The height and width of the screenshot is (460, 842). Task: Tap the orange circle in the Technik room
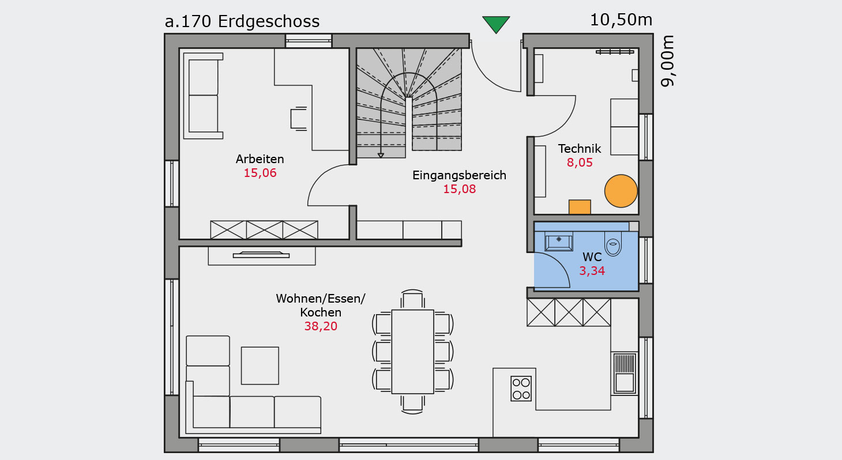click(x=621, y=191)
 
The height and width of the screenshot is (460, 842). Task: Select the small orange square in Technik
click(x=580, y=207)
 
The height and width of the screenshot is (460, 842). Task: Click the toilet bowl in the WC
click(x=613, y=243)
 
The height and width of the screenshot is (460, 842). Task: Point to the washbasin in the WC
click(x=559, y=242)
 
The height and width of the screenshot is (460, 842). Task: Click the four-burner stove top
click(x=521, y=389)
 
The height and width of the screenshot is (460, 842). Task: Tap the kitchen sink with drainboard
click(x=625, y=374)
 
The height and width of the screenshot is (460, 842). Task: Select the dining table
click(x=413, y=352)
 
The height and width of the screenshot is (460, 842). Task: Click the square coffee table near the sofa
click(x=260, y=365)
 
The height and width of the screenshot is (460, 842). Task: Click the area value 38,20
click(x=321, y=326)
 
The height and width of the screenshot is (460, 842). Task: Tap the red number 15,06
click(x=260, y=173)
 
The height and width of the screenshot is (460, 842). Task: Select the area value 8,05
click(x=580, y=163)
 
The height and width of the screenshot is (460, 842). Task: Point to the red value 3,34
click(x=592, y=270)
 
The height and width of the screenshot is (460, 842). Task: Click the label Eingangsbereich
click(x=459, y=175)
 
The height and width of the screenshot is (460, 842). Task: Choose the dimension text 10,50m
click(x=621, y=20)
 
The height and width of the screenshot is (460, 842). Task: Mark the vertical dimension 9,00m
click(x=668, y=61)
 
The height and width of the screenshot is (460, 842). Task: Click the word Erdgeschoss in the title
click(x=269, y=22)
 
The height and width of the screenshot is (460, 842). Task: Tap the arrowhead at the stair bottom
click(x=381, y=155)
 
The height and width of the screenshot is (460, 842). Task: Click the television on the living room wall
click(x=261, y=255)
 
